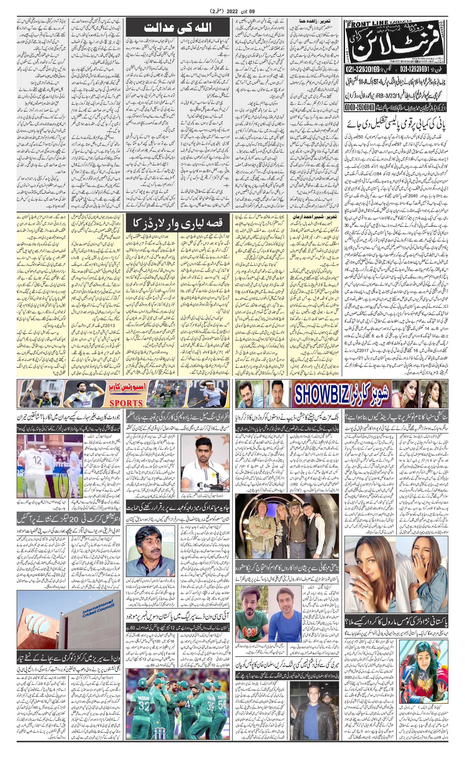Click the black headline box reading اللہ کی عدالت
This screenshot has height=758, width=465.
click(x=178, y=29)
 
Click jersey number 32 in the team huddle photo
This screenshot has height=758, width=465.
click(x=144, y=704)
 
